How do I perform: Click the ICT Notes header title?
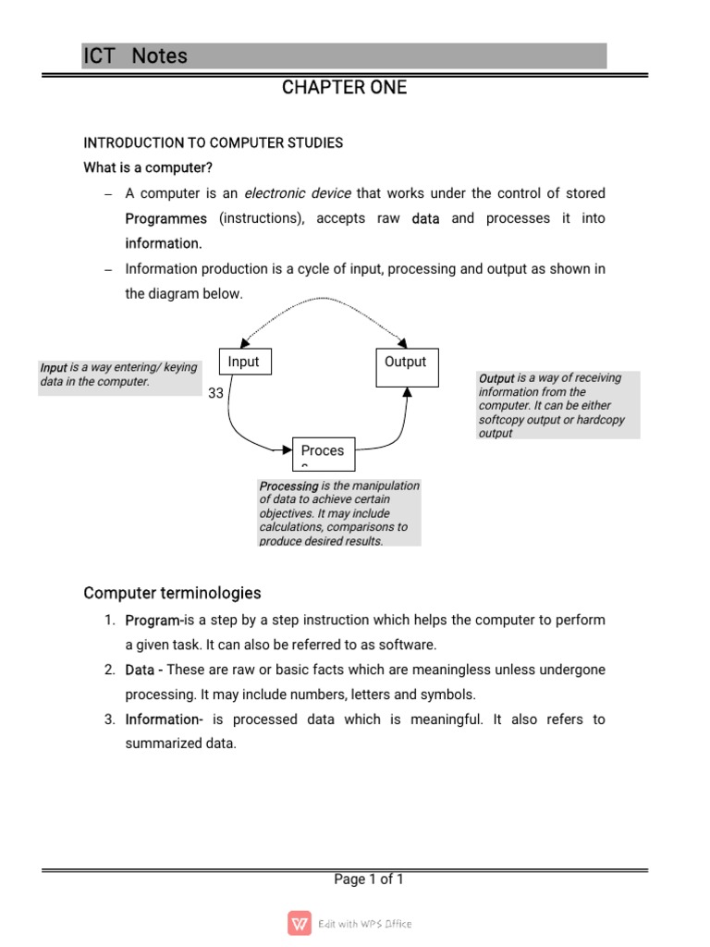(x=135, y=56)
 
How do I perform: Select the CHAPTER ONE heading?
(x=344, y=88)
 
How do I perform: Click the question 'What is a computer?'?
(x=148, y=167)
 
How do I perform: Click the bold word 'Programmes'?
(x=166, y=219)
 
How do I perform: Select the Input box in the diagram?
(x=244, y=362)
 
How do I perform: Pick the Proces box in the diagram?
(x=323, y=451)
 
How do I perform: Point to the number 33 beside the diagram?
(x=215, y=393)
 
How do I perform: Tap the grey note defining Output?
(x=557, y=405)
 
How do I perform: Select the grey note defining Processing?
(x=339, y=512)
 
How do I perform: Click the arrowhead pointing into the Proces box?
(x=286, y=450)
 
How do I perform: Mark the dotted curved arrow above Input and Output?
(x=324, y=300)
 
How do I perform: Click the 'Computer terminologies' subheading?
(x=172, y=593)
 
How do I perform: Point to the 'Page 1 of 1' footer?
(x=369, y=879)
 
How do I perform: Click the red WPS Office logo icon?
(x=300, y=923)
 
